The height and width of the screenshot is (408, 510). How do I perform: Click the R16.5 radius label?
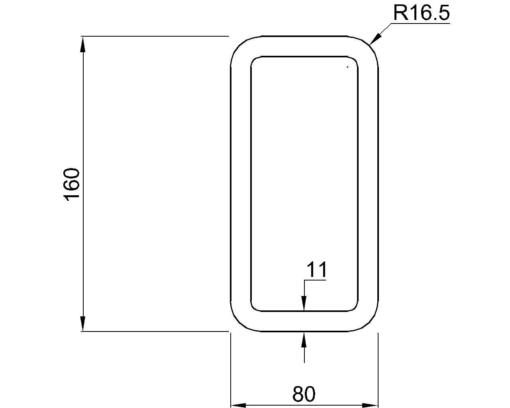[x=421, y=13]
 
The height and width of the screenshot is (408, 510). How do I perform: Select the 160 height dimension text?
[x=72, y=184]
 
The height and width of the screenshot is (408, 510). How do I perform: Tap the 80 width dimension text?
[x=304, y=394]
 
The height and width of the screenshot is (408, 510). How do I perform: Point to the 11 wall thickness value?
[x=316, y=270]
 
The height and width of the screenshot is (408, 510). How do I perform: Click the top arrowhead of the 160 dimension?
[x=83, y=44]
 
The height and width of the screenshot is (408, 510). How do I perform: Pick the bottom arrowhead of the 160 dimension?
[x=83, y=324]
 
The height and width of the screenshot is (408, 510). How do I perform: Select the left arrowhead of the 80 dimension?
[x=238, y=405]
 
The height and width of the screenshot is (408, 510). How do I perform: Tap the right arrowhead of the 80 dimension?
[x=370, y=405]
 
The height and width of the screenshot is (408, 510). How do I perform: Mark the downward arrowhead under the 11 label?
[x=304, y=303]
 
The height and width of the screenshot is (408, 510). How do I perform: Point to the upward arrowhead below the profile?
[x=304, y=340]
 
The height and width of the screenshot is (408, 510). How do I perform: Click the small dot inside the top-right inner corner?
[x=347, y=67]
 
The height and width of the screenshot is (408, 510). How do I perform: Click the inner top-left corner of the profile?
[x=254, y=59]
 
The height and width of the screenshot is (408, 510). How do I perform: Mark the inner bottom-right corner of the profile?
[x=355, y=308]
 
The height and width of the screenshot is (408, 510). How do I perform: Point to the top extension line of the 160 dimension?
[x=155, y=36]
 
